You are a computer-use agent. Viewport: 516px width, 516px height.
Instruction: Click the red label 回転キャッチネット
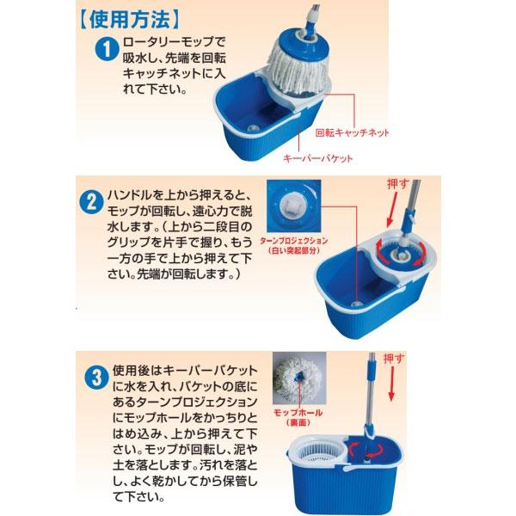tap(353, 133)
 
